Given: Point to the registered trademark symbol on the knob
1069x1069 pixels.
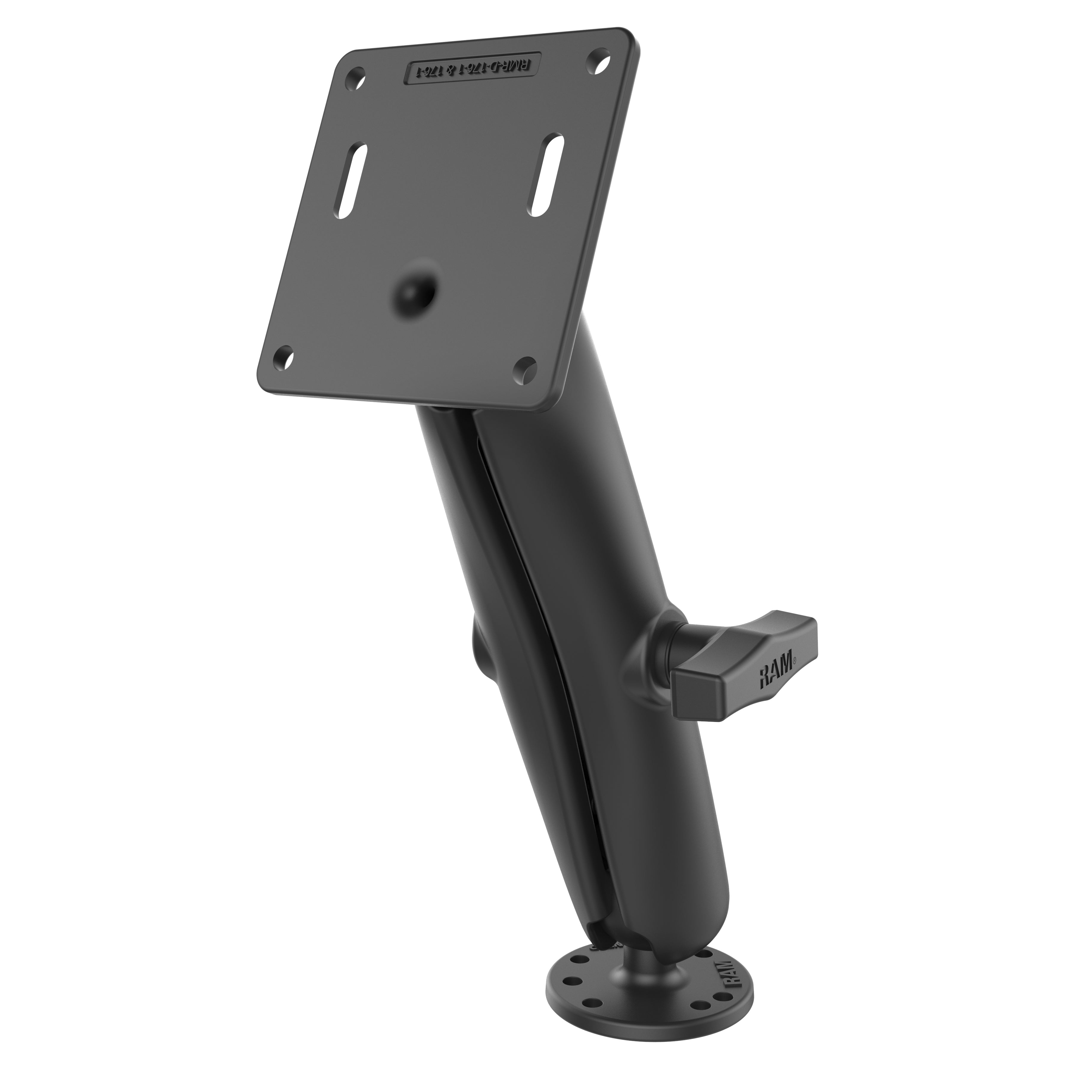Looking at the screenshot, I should point(795,658).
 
